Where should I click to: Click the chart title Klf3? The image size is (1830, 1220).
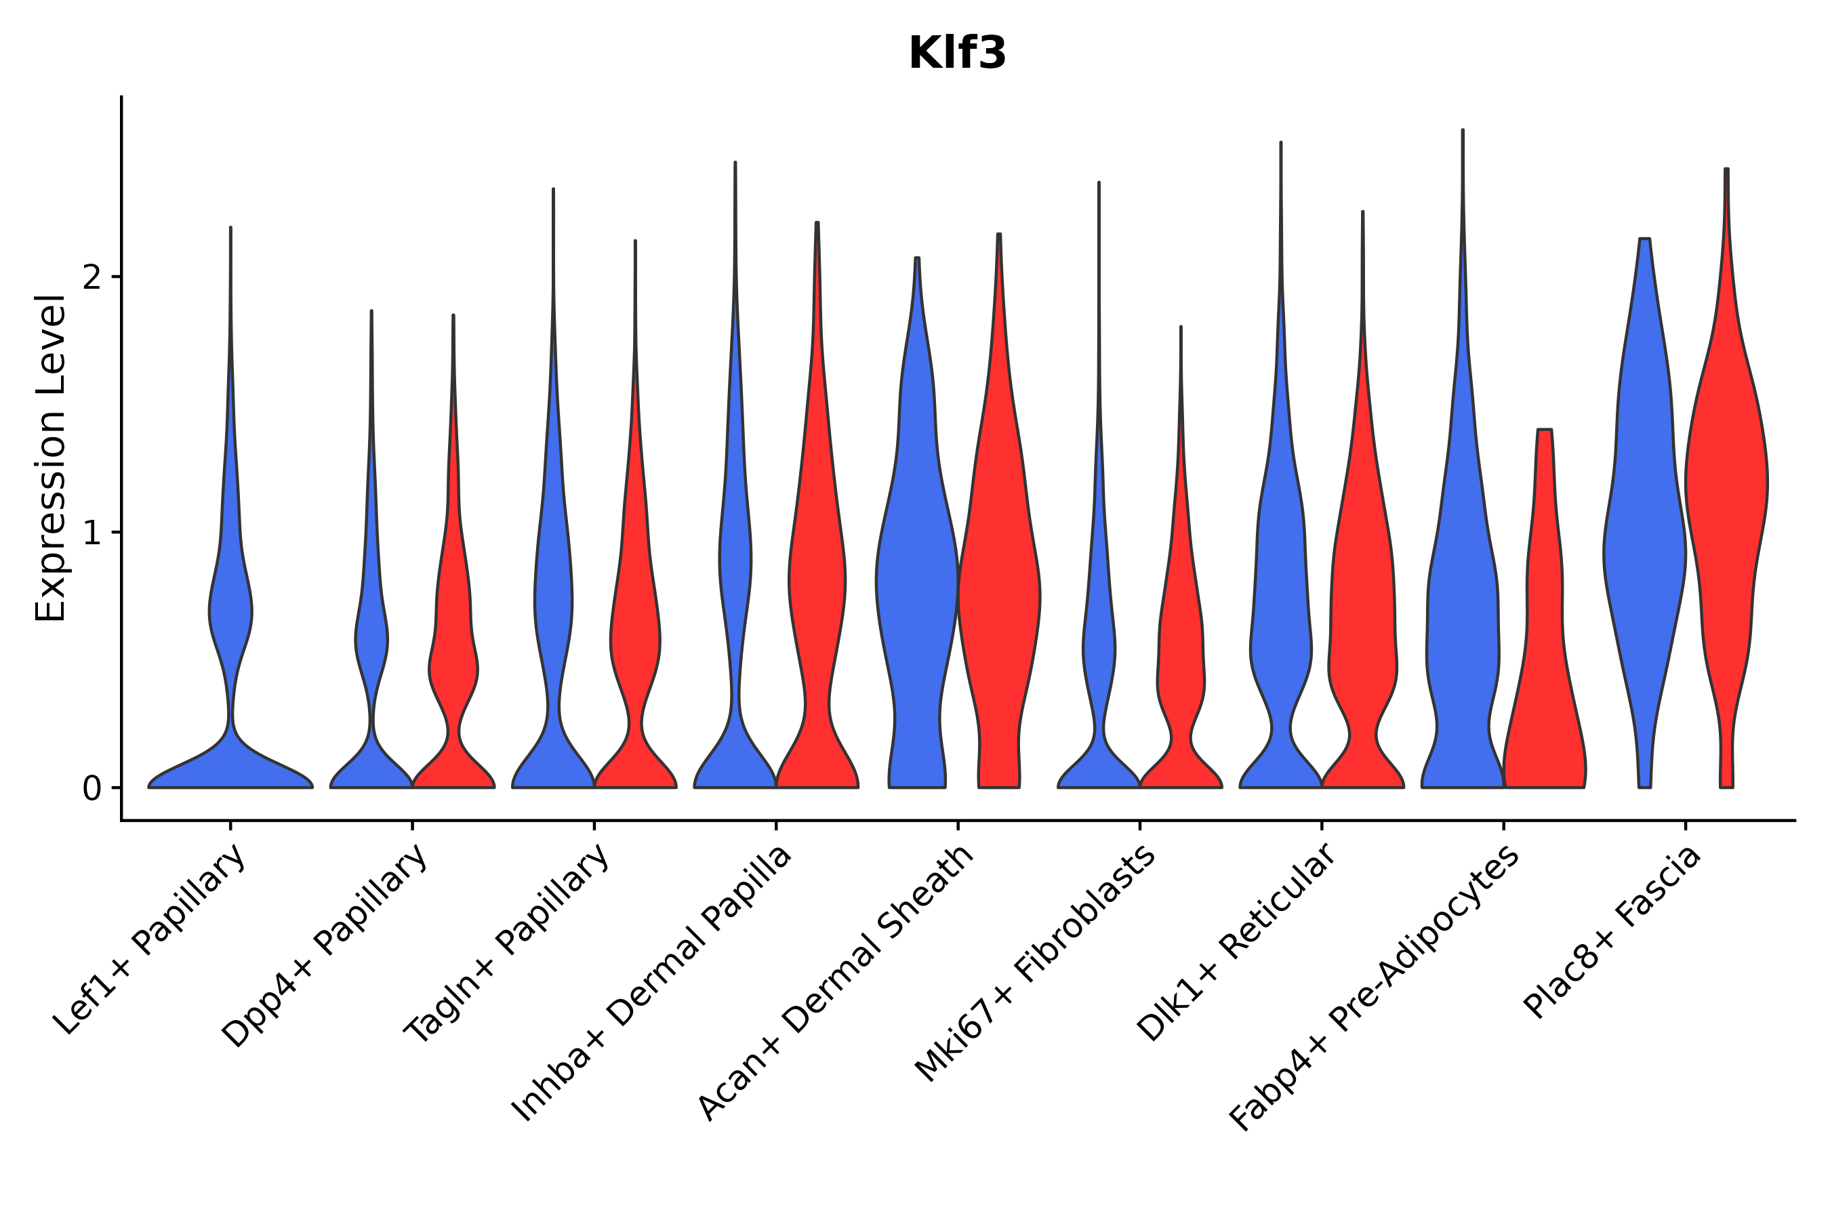click(x=957, y=54)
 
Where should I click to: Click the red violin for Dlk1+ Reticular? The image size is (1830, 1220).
click(x=1362, y=622)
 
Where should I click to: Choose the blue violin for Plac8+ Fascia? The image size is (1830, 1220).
click(x=1643, y=545)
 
